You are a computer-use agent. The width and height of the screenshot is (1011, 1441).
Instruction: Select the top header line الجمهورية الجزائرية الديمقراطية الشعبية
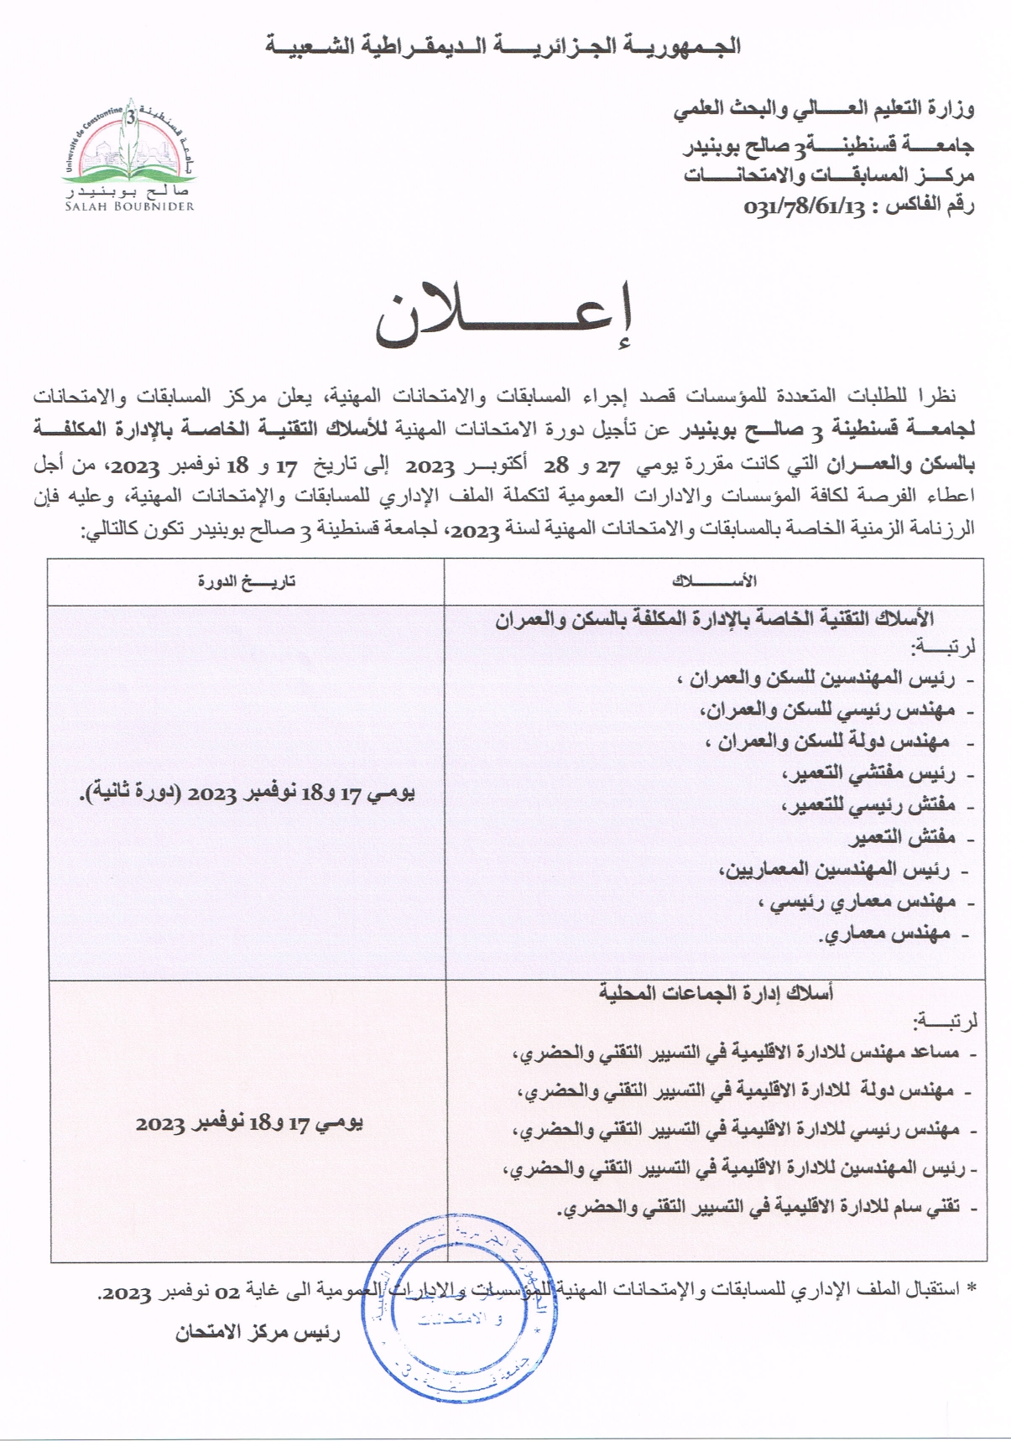point(503,45)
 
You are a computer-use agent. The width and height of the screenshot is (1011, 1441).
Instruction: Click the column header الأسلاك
point(714,581)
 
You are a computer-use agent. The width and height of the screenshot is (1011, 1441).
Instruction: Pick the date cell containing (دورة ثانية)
point(247,793)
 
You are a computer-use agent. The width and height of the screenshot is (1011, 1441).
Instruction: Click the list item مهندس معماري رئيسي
point(857,903)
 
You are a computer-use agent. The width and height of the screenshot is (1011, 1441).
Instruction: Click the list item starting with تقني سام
point(759,1208)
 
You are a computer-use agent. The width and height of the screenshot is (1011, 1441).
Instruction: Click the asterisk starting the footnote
point(972,1288)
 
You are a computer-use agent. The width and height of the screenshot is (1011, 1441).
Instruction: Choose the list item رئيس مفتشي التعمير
point(868,774)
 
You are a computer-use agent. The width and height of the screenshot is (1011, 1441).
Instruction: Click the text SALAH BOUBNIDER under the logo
point(129,206)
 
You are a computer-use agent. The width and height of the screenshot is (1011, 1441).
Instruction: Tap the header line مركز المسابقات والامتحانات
point(828,176)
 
